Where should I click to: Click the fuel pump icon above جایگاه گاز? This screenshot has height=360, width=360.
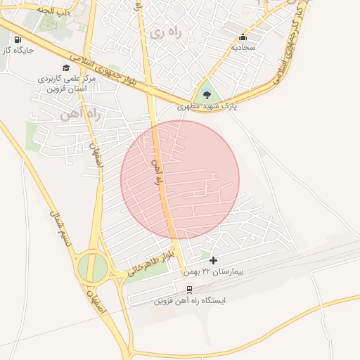pos(17,39)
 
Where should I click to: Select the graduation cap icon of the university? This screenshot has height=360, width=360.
pos(66,68)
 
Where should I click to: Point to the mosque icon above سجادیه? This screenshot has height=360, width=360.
pos(243,37)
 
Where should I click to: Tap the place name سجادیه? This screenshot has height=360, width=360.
pos(243,47)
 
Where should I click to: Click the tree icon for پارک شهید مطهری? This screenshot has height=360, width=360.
pos(206,94)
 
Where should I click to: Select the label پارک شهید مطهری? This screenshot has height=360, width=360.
pos(207,106)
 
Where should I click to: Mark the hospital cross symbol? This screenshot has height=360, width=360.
pos(214,261)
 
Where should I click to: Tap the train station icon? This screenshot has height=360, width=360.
pos(189,289)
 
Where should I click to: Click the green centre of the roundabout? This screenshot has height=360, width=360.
pos(92,267)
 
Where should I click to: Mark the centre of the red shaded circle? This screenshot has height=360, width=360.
pos(180,180)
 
